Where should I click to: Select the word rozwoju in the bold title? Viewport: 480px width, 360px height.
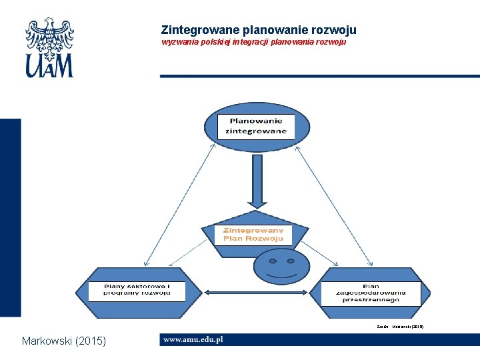tap(334, 30)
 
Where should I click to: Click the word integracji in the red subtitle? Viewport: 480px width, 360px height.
tap(255, 42)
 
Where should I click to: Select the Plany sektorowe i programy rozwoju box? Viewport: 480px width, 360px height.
tap(136, 290)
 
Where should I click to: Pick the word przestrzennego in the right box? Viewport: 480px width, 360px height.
tap(371, 300)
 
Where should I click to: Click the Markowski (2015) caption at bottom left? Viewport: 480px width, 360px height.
tap(63, 341)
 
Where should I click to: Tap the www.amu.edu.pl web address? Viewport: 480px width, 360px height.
tap(193, 339)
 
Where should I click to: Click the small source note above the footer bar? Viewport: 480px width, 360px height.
tap(400, 327)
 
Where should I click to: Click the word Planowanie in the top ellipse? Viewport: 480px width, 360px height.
tap(256, 121)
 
